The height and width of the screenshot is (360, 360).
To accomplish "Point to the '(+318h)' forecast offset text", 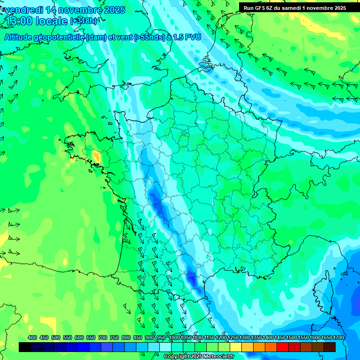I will pyautogui.click(x=84, y=21).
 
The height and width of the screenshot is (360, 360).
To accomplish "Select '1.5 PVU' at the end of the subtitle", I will pyautogui.click(x=187, y=37).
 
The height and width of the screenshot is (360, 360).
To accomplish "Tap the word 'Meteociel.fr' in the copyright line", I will pyautogui.click(x=217, y=357).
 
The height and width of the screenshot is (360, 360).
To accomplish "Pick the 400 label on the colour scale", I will pyautogui.click(x=32, y=337).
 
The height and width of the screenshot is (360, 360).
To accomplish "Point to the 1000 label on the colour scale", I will pyautogui.click(x=174, y=337).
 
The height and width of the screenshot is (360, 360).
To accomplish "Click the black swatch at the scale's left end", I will pyautogui.click(x=25, y=347).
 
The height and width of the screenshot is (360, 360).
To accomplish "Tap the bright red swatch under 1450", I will pyautogui.click(x=283, y=347).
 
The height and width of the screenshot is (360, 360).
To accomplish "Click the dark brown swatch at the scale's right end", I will pyautogui.click(x=330, y=347).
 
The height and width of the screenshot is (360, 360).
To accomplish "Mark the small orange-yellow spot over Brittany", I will pyautogui.click(x=96, y=156).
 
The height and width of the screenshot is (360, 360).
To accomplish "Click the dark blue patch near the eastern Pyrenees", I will pyautogui.click(x=191, y=278).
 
